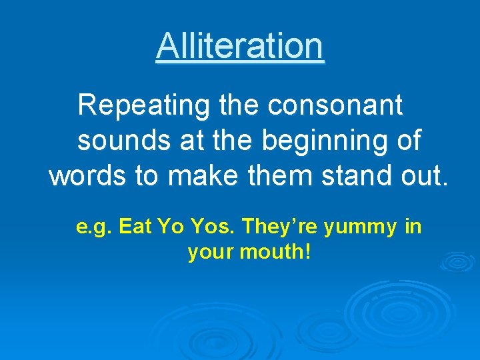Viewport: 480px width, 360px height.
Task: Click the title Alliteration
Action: point(240,46)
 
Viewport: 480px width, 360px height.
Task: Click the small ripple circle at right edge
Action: point(458,261)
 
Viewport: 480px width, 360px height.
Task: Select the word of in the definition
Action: point(408,141)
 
